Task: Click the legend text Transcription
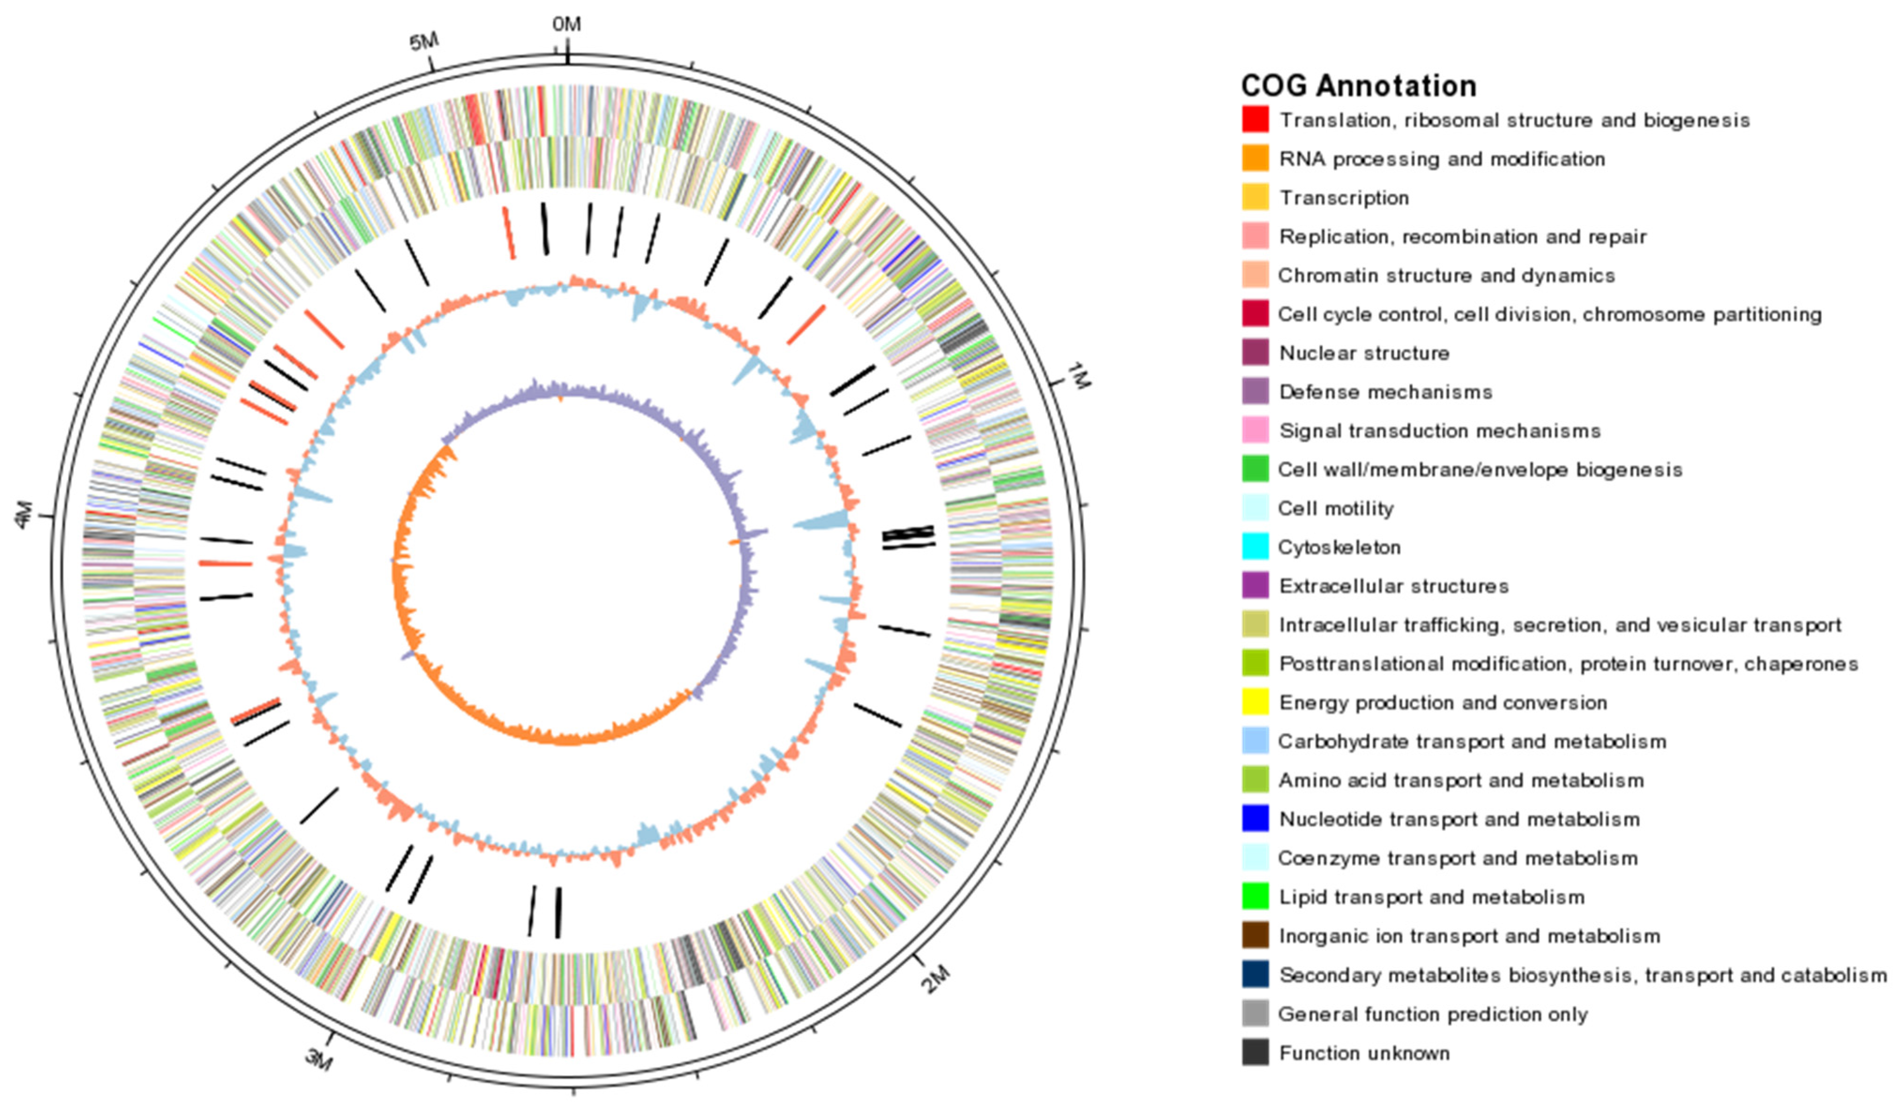[1344, 197]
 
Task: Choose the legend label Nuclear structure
[1364, 353]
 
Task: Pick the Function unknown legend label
[1364, 1053]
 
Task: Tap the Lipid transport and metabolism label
[1432, 897]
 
